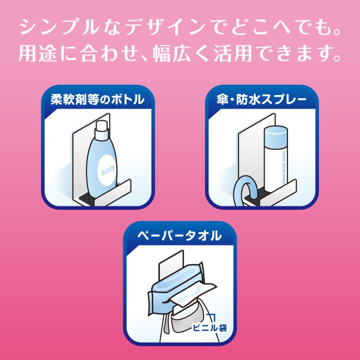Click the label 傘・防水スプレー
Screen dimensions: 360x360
(x=262, y=99)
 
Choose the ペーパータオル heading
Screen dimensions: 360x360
(x=180, y=235)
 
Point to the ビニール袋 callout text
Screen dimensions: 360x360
(x=210, y=328)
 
